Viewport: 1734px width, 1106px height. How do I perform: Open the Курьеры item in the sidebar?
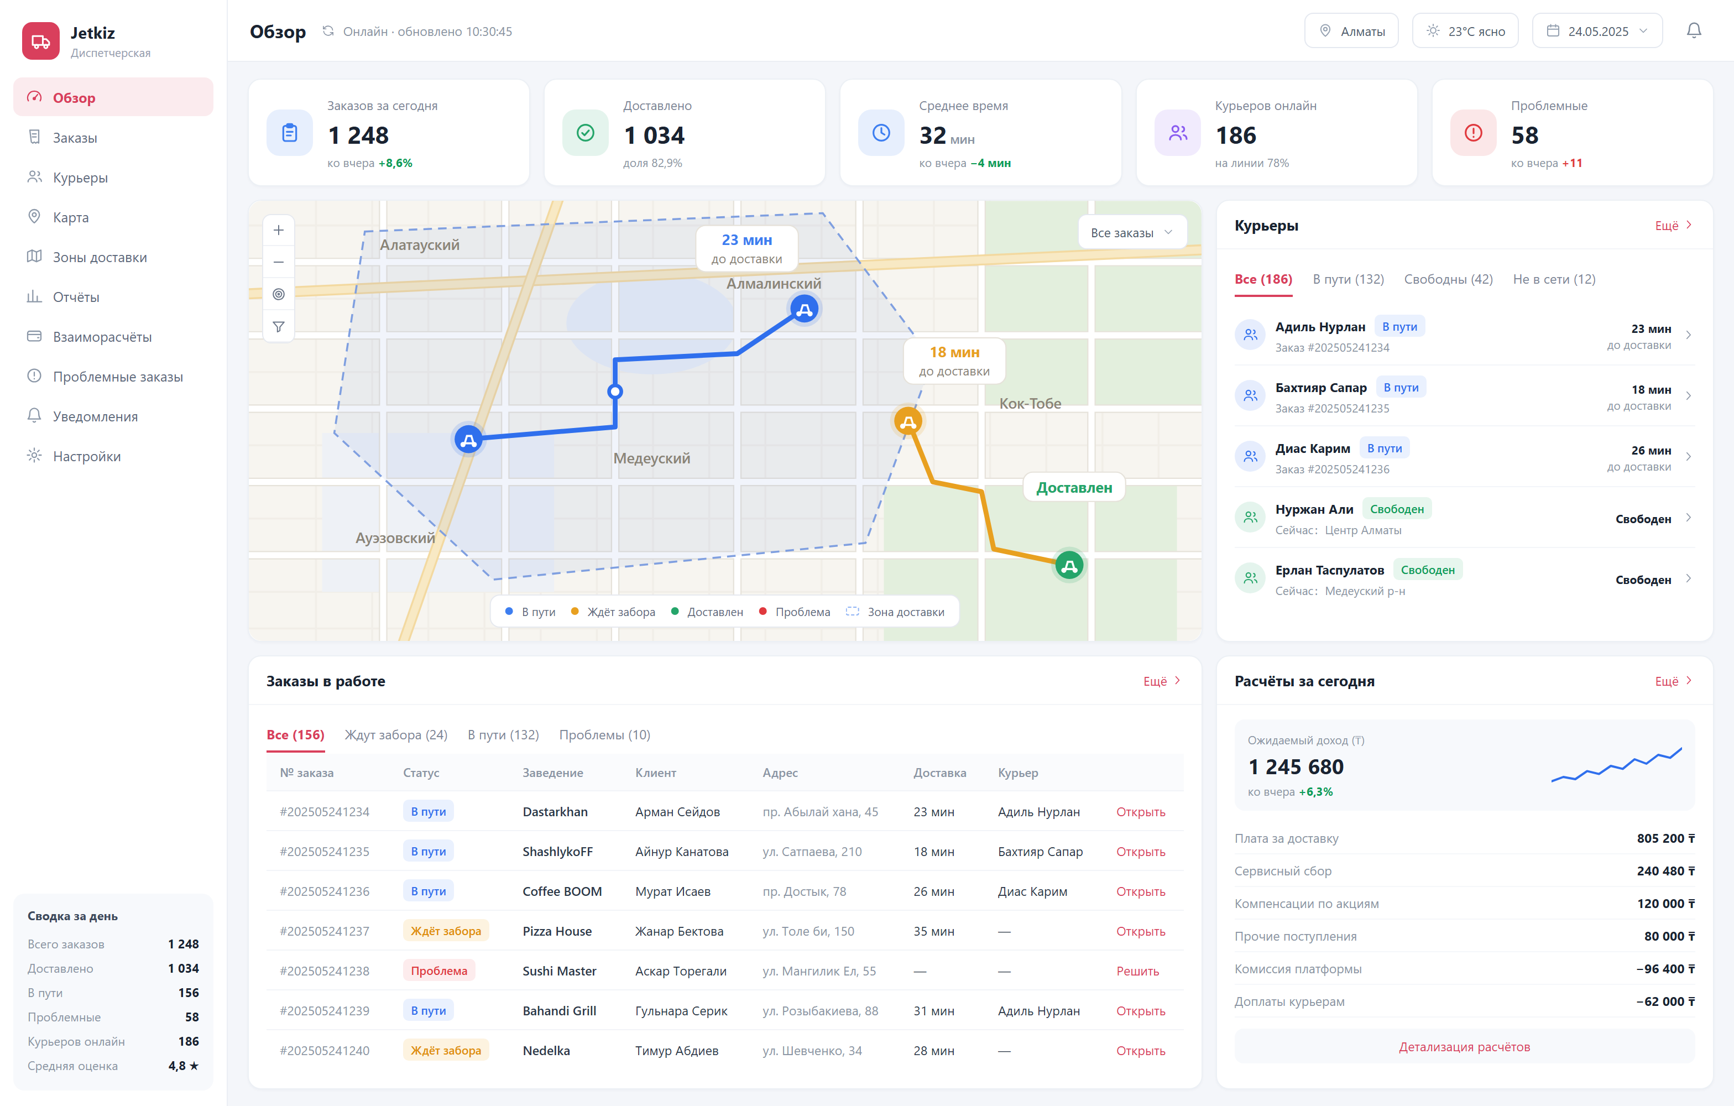80,178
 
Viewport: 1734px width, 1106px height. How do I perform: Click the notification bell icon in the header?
1694,31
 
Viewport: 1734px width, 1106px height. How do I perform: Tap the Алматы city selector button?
1351,31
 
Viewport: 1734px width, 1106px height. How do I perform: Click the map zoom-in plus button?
279,231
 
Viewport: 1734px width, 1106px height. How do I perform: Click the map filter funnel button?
279,327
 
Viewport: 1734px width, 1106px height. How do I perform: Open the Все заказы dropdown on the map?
1132,233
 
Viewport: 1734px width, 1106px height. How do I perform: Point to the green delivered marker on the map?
1069,566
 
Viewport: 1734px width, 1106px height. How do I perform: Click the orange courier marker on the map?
908,421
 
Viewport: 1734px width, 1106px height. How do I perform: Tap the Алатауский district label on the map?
420,245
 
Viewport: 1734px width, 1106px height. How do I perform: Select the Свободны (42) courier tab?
1448,279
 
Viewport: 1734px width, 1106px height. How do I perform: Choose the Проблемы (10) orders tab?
604,734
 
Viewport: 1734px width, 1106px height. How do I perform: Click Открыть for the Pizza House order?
1141,931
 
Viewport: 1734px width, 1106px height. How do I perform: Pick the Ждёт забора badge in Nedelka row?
446,1051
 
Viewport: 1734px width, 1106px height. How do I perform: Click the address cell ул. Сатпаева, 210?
812,851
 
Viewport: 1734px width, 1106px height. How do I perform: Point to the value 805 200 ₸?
1665,838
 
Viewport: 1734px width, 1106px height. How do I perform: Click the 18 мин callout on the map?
954,361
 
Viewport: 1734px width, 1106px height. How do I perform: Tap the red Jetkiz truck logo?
41,41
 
